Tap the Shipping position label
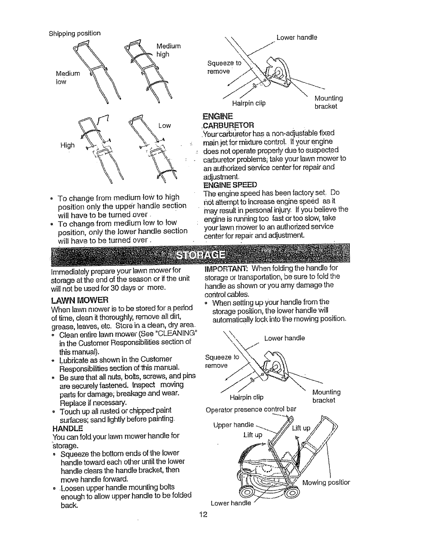[x=74, y=33]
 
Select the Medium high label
[x=168, y=50]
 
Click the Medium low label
[x=67, y=77]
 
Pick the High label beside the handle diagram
[x=67, y=145]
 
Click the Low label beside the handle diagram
[x=164, y=126]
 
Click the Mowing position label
[x=326, y=482]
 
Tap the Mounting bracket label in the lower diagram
[x=326, y=396]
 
